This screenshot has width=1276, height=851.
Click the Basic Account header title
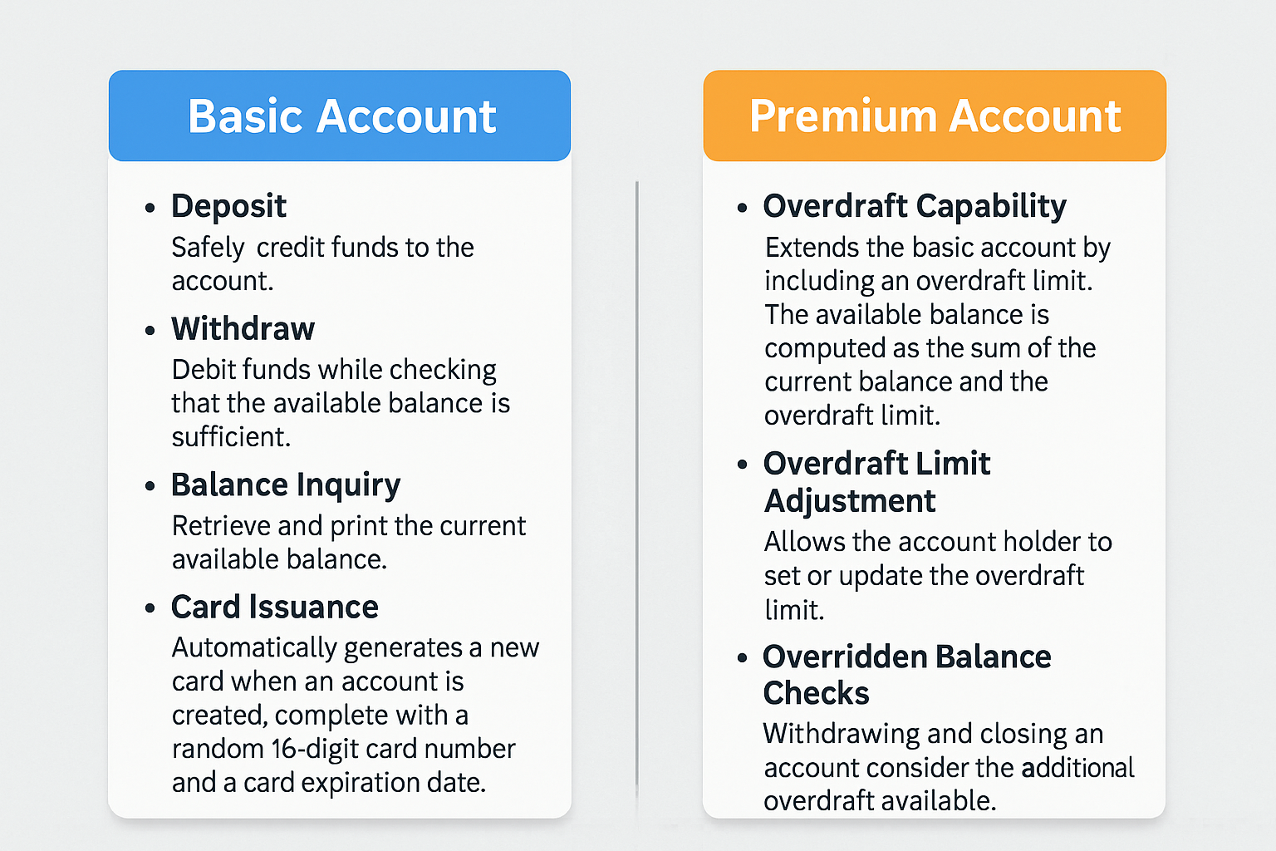point(341,116)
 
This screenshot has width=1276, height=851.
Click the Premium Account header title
point(935,116)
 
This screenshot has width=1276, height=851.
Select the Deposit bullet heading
point(228,206)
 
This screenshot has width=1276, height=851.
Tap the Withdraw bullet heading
point(243,329)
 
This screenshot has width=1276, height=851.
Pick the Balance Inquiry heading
point(286,485)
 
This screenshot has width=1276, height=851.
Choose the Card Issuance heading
point(275,607)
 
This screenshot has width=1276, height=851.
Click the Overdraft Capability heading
point(915,206)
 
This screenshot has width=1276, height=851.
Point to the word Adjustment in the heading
point(849,502)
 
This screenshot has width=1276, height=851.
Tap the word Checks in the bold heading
point(816,693)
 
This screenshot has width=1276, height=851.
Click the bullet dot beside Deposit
point(150,208)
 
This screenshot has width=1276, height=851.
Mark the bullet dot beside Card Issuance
point(150,608)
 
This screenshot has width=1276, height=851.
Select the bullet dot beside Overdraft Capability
point(742,208)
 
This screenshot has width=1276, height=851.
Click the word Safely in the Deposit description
point(208,248)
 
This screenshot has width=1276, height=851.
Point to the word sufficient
point(231,437)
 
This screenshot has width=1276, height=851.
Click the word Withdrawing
point(841,735)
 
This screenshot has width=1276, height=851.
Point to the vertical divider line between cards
point(637,485)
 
